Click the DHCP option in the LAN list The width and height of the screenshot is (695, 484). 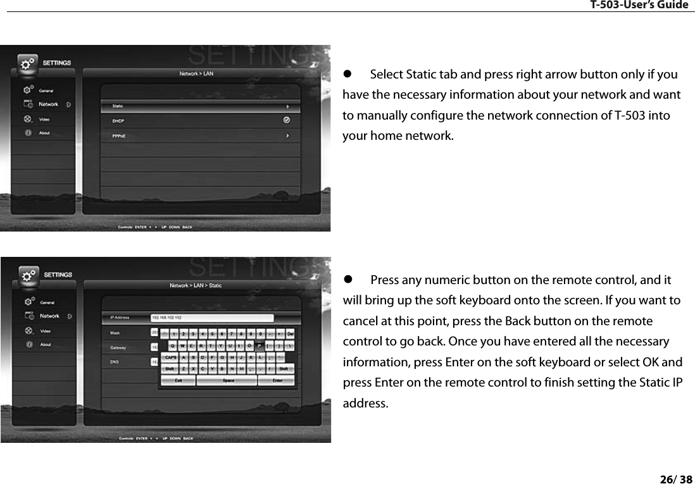118,120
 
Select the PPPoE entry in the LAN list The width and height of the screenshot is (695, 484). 119,135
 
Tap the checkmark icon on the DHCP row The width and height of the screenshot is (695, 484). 287,120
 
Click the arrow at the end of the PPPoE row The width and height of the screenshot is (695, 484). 287,135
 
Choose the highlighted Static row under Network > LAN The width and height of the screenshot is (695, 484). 196,106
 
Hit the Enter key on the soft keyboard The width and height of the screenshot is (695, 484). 277,380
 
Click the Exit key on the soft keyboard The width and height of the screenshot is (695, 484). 179,380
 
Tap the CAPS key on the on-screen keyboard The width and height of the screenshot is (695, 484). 171,357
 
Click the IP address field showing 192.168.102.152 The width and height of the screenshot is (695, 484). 212,318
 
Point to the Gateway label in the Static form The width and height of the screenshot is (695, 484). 118,347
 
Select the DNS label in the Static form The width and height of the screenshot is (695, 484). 115,362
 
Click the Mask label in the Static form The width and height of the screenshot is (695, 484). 115,332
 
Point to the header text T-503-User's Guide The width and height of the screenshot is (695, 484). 639,5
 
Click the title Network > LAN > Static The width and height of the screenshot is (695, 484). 196,285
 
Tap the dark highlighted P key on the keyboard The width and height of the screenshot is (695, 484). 259,345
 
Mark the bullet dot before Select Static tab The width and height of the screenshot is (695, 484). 347,75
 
